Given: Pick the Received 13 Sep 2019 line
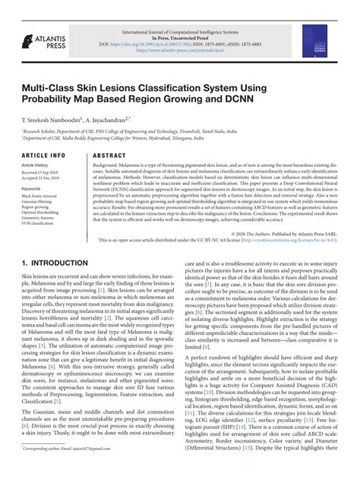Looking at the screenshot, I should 43,172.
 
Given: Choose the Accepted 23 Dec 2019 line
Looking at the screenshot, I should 43,178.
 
